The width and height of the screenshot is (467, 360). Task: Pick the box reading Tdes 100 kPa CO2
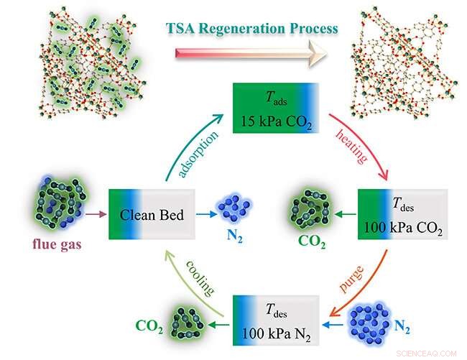coord(402,213)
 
